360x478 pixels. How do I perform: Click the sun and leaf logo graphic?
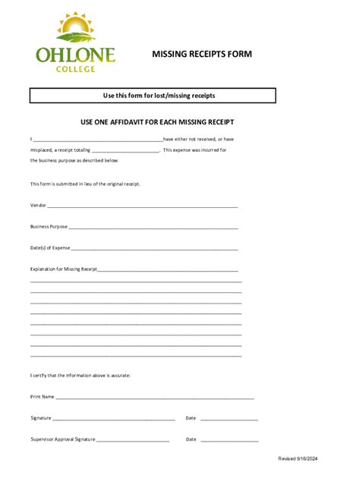[74, 30]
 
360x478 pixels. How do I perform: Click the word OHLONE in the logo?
[75, 55]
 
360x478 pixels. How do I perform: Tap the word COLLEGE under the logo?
[75, 69]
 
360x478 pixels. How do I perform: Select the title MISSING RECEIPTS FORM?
[201, 55]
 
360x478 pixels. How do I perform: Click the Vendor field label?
[38, 205]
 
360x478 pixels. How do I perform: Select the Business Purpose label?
[49, 226]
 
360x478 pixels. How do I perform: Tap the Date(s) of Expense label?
[50, 247]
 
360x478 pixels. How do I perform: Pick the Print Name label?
[42, 396]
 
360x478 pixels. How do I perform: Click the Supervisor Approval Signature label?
[62, 439]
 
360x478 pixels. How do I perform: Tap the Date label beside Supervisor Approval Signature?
[191, 439]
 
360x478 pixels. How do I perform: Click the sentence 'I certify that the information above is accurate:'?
[81, 375]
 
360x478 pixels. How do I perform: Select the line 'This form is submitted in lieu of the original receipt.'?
[85, 184]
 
